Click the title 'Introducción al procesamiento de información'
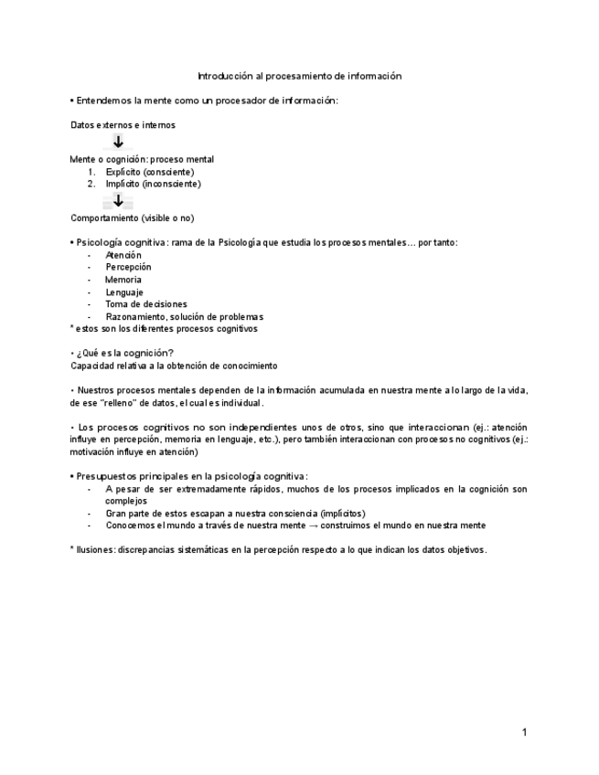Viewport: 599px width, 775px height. pyautogui.click(x=300, y=76)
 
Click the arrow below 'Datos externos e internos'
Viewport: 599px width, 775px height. pyautogui.click(x=118, y=142)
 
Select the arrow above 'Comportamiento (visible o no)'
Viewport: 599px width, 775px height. pyautogui.click(x=118, y=201)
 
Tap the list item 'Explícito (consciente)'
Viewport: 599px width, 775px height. pyautogui.click(x=150, y=172)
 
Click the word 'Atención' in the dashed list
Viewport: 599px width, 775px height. pyautogui.click(x=123, y=255)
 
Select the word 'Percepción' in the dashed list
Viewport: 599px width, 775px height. pyautogui.click(x=128, y=268)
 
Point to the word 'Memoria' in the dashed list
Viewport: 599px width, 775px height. pyautogui.click(x=123, y=280)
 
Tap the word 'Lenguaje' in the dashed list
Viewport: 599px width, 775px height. pyautogui.click(x=124, y=292)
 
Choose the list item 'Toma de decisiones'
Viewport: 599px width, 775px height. pyautogui.click(x=146, y=304)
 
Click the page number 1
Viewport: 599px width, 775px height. pyautogui.click(x=525, y=732)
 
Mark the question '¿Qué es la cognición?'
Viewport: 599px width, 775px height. pyautogui.click(x=125, y=353)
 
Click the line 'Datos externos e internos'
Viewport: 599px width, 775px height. pyautogui.click(x=123, y=124)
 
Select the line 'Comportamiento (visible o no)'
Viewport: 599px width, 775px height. pyautogui.click(x=133, y=218)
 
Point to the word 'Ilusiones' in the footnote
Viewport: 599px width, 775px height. pyautogui.click(x=96, y=550)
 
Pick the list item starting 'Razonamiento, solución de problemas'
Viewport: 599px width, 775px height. pyautogui.click(x=184, y=316)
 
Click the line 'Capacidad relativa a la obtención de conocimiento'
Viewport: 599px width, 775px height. pyautogui.click(x=174, y=366)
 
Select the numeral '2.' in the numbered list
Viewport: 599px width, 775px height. pyautogui.click(x=91, y=184)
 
